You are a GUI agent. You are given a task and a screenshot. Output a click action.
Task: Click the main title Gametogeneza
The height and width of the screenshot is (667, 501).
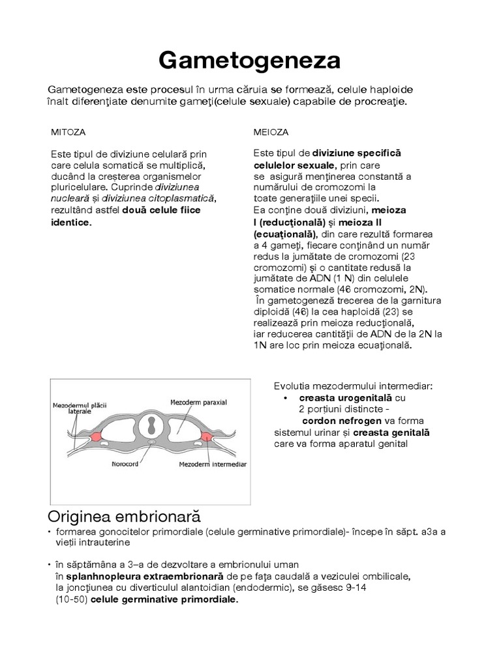coord(250,61)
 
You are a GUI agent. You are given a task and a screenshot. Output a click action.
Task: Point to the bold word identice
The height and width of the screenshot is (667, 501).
coord(71,222)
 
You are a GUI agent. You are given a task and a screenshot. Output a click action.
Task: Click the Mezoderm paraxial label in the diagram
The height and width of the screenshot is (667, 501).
coord(198,402)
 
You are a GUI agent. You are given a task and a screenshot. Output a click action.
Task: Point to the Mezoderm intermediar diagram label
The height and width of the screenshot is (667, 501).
coord(213,465)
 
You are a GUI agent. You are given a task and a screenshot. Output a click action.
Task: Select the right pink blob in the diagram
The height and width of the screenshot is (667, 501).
coord(209,436)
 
